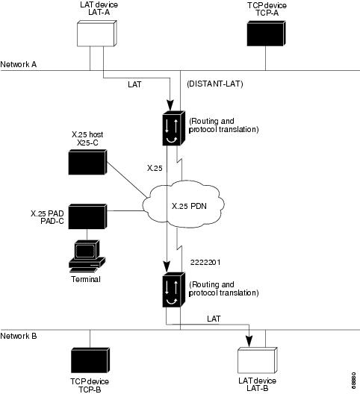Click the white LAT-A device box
click(97, 34)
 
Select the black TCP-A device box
click(266, 34)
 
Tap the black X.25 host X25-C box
click(87, 162)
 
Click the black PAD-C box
click(87, 216)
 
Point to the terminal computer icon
click(87, 256)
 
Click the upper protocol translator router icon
click(174, 128)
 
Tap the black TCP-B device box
click(90, 360)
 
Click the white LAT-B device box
click(258, 360)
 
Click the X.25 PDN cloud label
click(189, 206)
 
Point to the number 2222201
click(205, 263)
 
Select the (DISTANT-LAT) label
click(215, 84)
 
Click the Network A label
click(19, 64)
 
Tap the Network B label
click(19, 336)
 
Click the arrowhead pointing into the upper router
click(170, 105)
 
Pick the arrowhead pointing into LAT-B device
click(249, 341)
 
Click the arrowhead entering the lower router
click(167, 267)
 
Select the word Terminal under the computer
click(86, 279)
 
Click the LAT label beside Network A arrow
click(134, 84)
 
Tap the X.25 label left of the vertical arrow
click(155, 168)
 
